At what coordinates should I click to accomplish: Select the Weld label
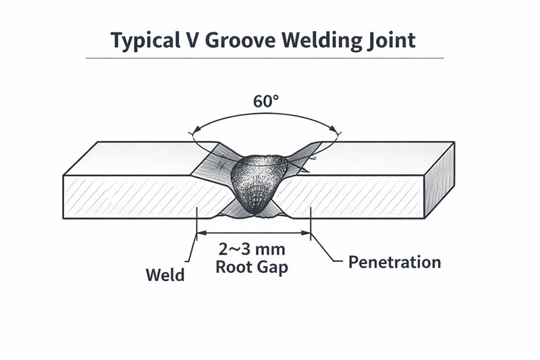pyautogui.click(x=165, y=276)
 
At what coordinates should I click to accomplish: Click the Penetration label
pyautogui.click(x=394, y=262)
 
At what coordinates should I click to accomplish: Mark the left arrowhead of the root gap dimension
pyautogui.click(x=198, y=234)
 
